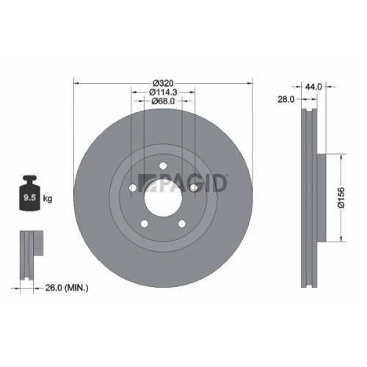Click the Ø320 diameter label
click(x=163, y=83)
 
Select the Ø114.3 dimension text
click(x=162, y=92)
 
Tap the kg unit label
click(x=48, y=198)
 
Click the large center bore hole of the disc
click(x=163, y=197)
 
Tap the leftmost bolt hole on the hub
click(x=133, y=188)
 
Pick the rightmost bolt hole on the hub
click(x=193, y=189)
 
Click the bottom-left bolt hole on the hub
click(x=145, y=223)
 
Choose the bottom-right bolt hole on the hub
click(x=181, y=223)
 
